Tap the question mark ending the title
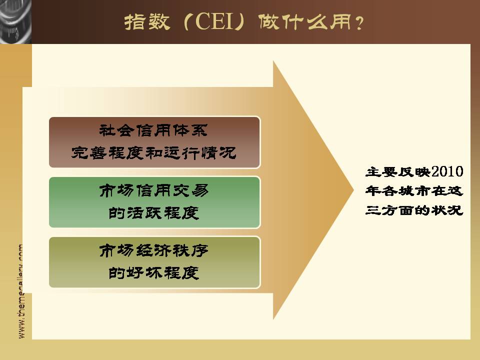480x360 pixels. coord(359,22)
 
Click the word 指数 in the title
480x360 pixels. coord(147,21)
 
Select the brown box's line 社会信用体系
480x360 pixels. coord(153,130)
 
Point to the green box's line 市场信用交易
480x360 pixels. coord(153,190)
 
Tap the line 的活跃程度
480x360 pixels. coord(153,213)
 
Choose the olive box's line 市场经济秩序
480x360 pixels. coord(153,250)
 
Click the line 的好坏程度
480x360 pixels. coord(153,273)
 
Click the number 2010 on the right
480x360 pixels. coord(447,171)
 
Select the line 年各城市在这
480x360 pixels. coord(414,191)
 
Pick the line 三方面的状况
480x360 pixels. coord(414,210)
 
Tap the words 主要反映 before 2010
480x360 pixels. coord(398,172)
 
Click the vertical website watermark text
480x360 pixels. coord(21,291)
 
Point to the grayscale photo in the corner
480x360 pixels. coord(15,21)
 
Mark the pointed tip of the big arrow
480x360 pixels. coord(354,190)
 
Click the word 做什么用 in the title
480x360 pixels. coord(305,21)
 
